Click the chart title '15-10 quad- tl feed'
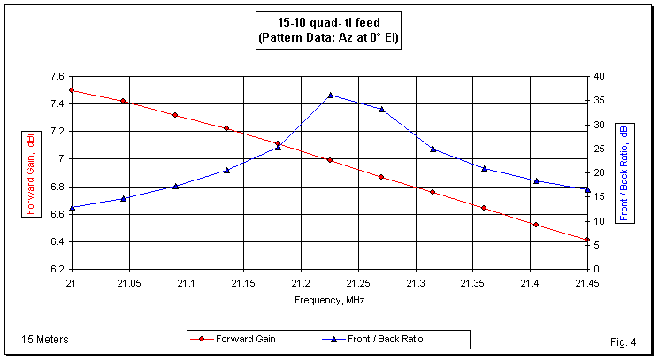coord(328,23)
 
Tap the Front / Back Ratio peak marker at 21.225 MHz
coord(330,95)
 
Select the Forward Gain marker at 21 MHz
coord(72,90)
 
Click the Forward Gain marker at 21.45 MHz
coord(587,240)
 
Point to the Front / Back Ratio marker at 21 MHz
coord(72,208)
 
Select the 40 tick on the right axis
coord(598,77)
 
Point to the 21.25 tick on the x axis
coord(358,283)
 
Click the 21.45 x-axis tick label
coord(587,283)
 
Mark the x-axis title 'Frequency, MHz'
coord(329,300)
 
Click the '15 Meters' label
coord(45,339)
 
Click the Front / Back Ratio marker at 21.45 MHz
coord(587,189)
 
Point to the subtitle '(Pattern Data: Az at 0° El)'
coord(328,39)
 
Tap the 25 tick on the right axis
coord(598,149)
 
